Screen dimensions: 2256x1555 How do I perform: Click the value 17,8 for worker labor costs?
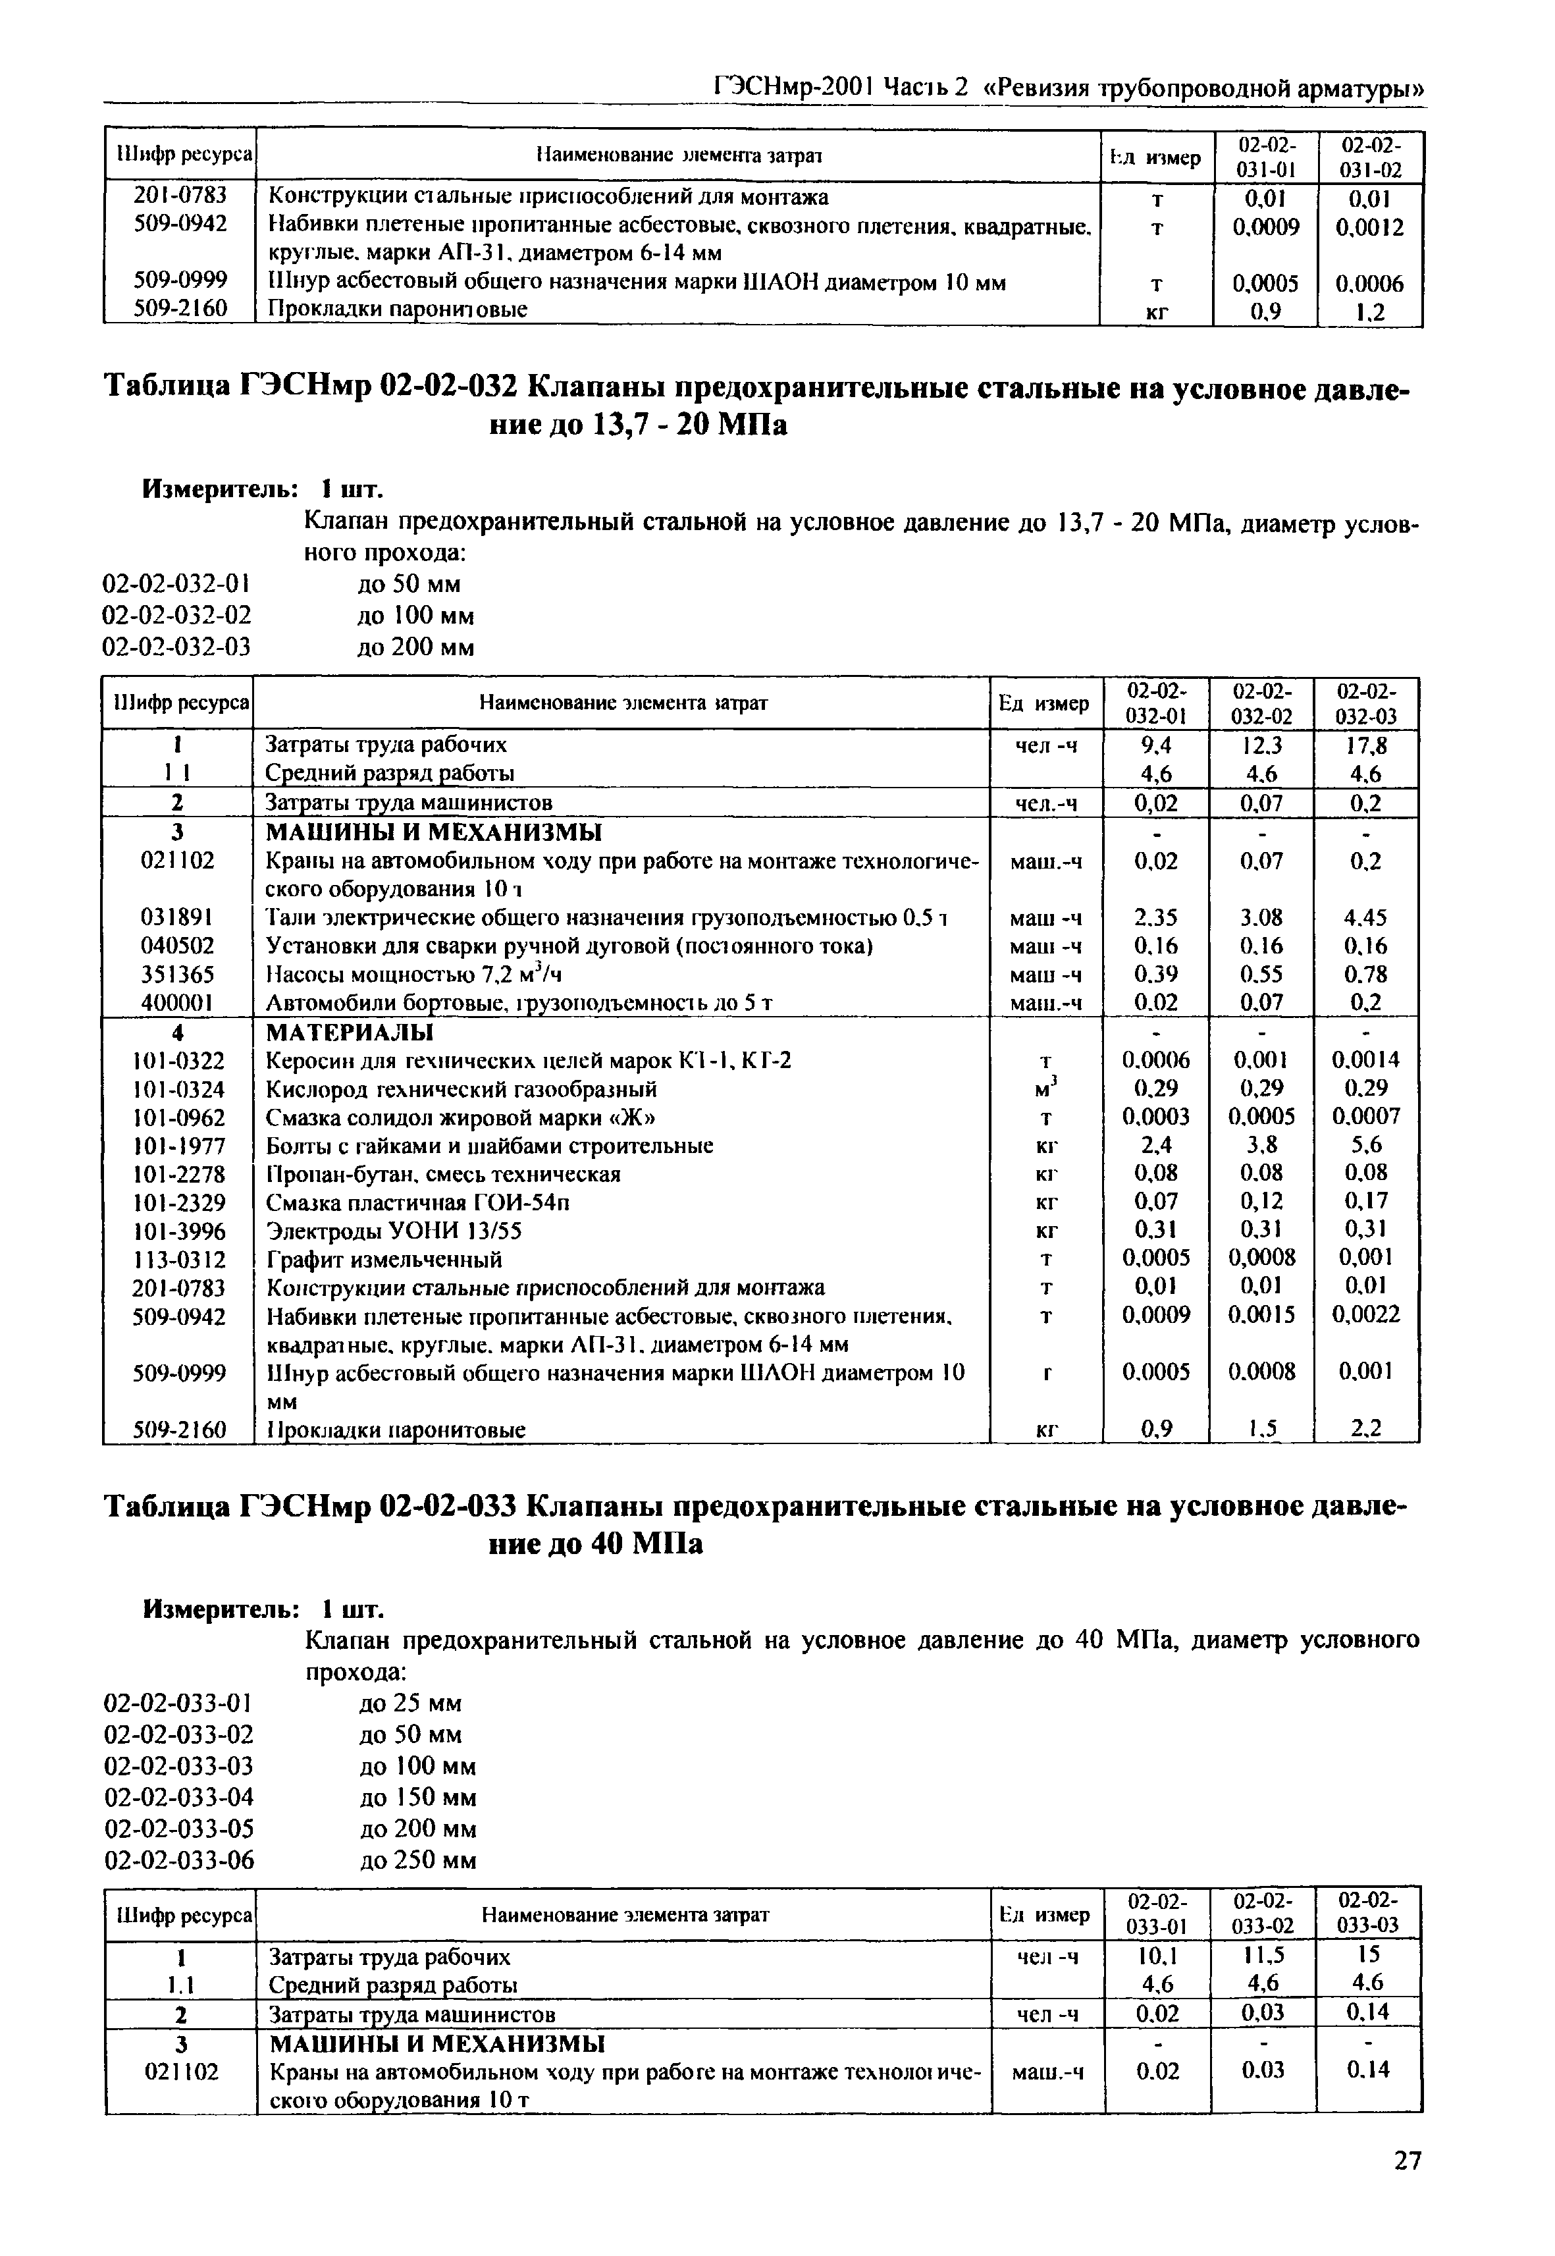[x=1365, y=745]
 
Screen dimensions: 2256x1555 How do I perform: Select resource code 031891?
[x=178, y=918]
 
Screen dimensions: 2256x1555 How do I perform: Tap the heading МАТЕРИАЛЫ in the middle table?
[x=351, y=1032]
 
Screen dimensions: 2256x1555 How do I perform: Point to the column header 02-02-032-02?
[x=1262, y=703]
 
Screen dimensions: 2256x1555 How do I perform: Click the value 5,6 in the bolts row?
[x=1365, y=1145]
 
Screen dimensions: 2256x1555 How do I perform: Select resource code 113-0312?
[x=178, y=1259]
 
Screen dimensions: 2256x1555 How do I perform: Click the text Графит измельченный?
[x=385, y=1259]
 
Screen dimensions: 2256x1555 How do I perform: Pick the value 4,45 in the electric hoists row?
[x=1365, y=918]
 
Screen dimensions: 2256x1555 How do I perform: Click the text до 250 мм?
[x=417, y=1860]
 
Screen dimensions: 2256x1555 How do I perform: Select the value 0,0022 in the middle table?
[x=1365, y=1316]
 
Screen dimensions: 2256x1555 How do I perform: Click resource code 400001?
[x=178, y=1003]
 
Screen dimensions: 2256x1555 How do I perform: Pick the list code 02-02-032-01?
[x=176, y=585]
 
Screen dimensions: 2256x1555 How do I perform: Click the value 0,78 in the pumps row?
[x=1365, y=975]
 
